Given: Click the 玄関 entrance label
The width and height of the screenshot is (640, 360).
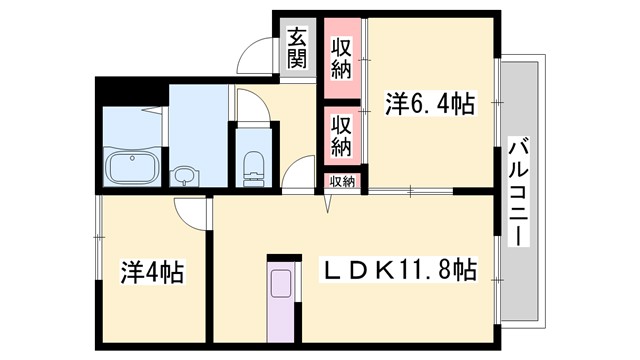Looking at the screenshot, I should pyautogui.click(x=297, y=47).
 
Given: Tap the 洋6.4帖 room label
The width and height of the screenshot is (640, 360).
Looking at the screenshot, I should pyautogui.click(x=429, y=102).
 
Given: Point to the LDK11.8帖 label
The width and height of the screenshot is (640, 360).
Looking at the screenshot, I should pyautogui.click(x=397, y=270).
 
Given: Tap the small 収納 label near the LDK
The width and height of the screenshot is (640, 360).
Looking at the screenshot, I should pyautogui.click(x=342, y=182).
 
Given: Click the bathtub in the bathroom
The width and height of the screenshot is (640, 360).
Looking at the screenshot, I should pyautogui.click(x=132, y=167).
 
